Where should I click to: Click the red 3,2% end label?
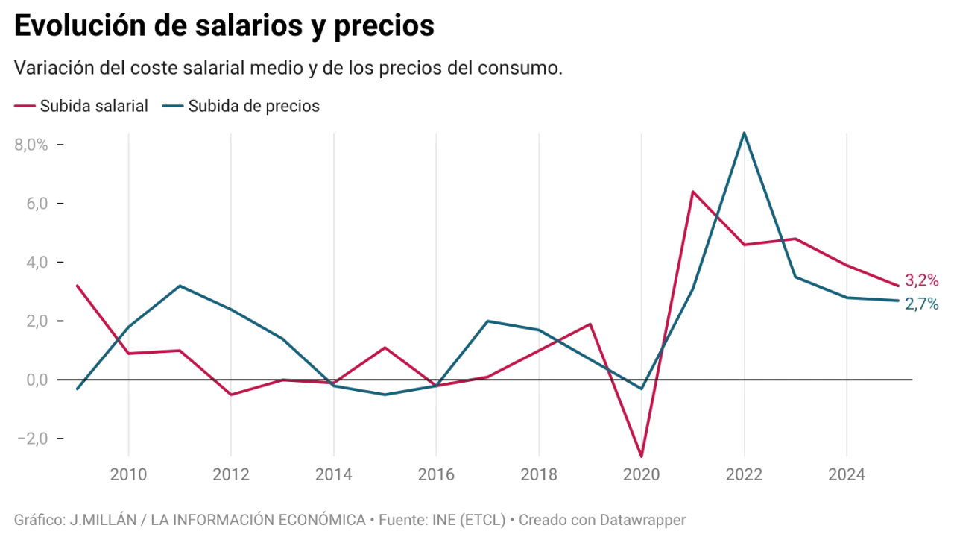tap(921, 281)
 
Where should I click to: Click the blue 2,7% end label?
tap(921, 304)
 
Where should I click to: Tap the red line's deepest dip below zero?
tap(641, 454)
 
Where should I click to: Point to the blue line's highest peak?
tap(744, 134)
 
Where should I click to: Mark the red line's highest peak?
tap(693, 191)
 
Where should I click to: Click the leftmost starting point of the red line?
tap(76, 284)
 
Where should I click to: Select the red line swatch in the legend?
tap(24, 107)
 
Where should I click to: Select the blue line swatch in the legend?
tap(173, 107)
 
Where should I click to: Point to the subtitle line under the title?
tap(288, 69)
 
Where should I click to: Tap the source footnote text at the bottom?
tap(350, 517)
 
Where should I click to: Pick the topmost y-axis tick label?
tap(31, 146)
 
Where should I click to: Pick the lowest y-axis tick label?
tap(33, 439)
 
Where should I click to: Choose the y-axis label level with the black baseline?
tap(34, 380)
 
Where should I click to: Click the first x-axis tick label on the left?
tap(128, 474)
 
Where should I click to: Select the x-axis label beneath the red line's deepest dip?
tap(641, 474)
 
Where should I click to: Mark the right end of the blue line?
tap(899, 301)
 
